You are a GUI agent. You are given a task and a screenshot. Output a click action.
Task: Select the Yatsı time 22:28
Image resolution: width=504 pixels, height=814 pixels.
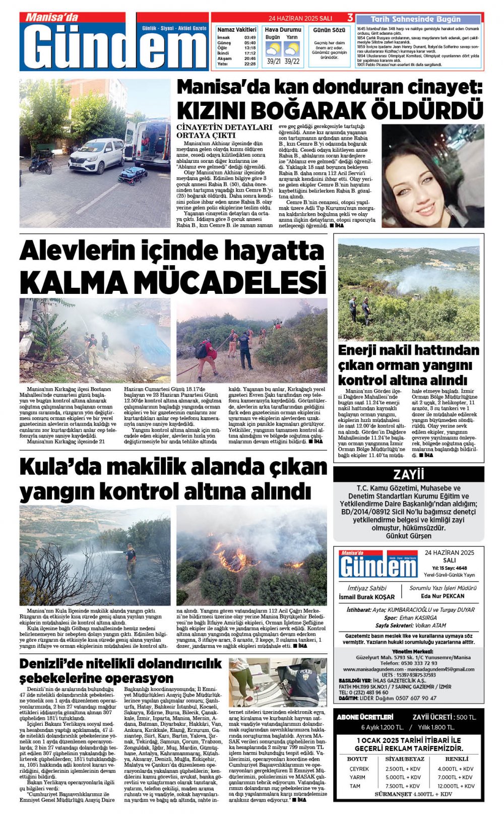pos(250,64)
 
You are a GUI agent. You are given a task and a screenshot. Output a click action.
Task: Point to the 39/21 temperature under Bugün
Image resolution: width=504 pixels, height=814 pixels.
pos(274,61)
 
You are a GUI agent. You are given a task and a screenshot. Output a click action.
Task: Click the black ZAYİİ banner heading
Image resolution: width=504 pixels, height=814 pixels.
pos(408,474)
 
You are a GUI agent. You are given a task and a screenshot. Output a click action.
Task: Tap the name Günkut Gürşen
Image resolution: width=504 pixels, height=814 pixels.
pos(408,536)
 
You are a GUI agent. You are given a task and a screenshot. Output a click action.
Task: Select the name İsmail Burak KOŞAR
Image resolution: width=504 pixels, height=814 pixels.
pos(366,597)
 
